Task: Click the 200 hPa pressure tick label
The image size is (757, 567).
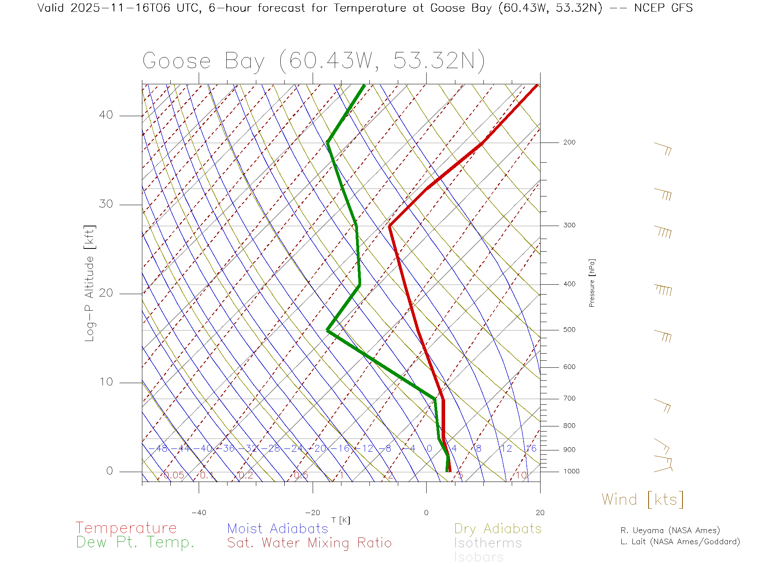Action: (x=569, y=143)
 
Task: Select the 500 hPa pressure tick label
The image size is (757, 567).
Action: (x=569, y=330)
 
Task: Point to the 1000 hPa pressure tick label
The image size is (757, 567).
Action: (x=571, y=471)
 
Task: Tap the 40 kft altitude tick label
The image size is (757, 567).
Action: (x=106, y=115)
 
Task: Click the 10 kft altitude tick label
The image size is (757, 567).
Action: (x=106, y=382)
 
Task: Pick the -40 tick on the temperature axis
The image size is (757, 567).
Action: (x=199, y=513)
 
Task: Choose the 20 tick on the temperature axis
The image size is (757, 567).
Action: (x=540, y=513)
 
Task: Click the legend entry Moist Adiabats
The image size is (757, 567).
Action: (x=278, y=528)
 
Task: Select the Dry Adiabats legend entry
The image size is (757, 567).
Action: (x=498, y=528)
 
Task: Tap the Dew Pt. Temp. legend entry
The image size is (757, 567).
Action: (x=135, y=543)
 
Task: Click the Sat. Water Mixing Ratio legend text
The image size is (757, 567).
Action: (x=310, y=543)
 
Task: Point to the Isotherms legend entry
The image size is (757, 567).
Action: (x=488, y=543)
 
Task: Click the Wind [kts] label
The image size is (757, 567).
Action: (x=643, y=499)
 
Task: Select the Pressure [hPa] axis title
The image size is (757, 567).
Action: (x=592, y=283)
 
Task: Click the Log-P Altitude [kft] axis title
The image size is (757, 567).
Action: (x=90, y=283)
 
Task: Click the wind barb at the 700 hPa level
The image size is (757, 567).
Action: (x=663, y=405)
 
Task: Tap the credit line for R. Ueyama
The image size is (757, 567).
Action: (x=670, y=530)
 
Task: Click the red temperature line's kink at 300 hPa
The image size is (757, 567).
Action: (x=390, y=226)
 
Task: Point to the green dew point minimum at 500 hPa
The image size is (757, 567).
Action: (x=328, y=330)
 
